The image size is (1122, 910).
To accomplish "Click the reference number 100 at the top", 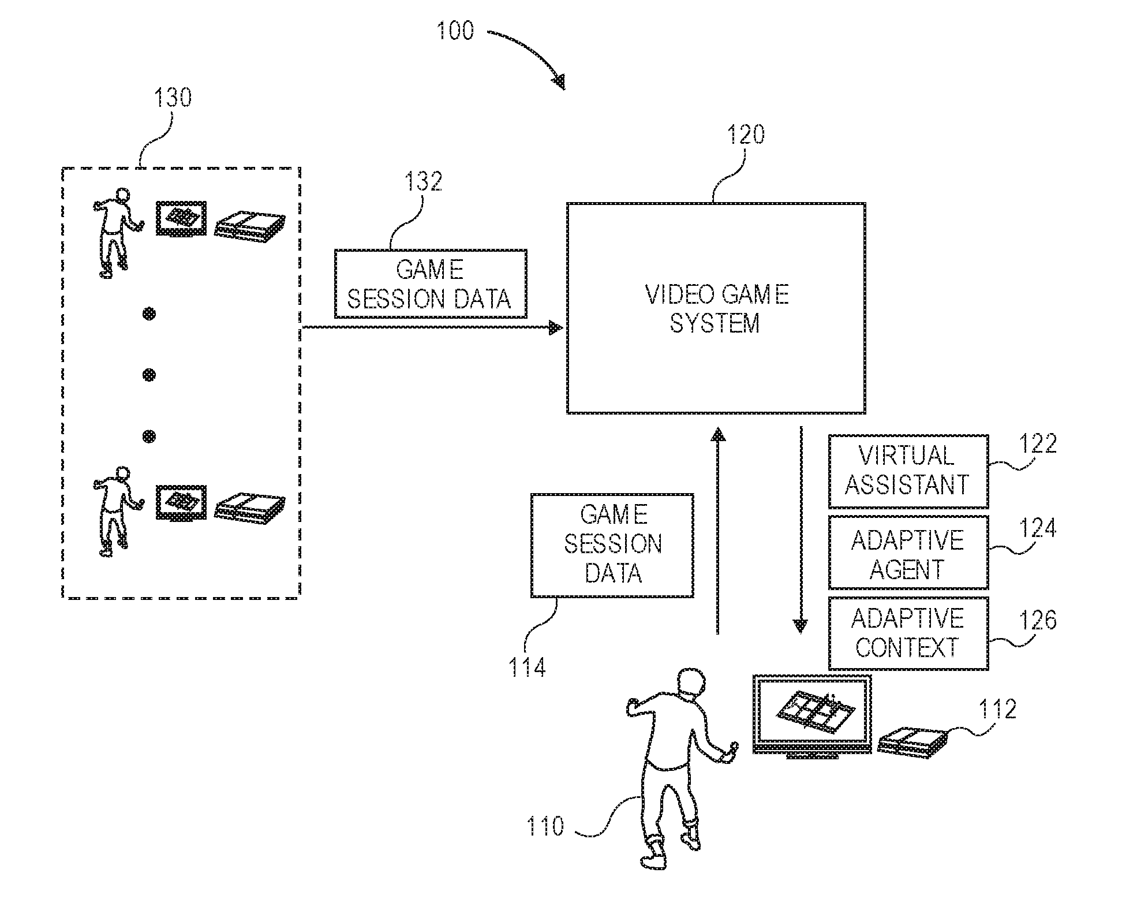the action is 455,30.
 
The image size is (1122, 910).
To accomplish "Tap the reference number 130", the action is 172,98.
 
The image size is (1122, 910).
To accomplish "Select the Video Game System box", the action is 716,308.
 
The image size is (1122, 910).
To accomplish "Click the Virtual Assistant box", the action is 908,471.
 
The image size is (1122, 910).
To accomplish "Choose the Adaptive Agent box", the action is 908,553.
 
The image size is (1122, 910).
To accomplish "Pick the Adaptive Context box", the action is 908,633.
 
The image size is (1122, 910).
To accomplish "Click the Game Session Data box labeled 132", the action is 431,284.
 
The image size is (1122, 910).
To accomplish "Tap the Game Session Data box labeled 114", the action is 612,545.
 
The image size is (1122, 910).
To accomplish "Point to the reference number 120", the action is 745,135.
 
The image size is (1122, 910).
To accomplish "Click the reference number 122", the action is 1037,443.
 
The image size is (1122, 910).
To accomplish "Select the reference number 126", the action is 1037,620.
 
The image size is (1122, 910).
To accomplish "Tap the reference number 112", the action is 997,709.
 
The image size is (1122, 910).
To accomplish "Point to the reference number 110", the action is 545,826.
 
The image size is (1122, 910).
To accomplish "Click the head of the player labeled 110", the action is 690,684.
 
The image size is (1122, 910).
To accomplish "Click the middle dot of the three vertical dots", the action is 149,375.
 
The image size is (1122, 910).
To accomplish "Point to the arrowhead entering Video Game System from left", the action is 556,328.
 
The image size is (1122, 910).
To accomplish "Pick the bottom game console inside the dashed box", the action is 249,508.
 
